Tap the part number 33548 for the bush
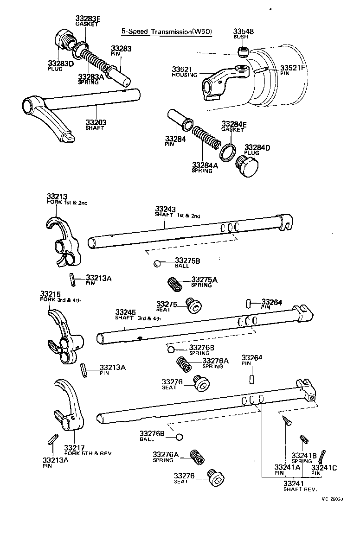pos(244,32)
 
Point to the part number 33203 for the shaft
pos(96,122)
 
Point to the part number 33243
pos(165,210)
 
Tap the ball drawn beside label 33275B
pos(157,264)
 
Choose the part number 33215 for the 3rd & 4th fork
pos(50,294)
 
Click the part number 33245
pos(125,312)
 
